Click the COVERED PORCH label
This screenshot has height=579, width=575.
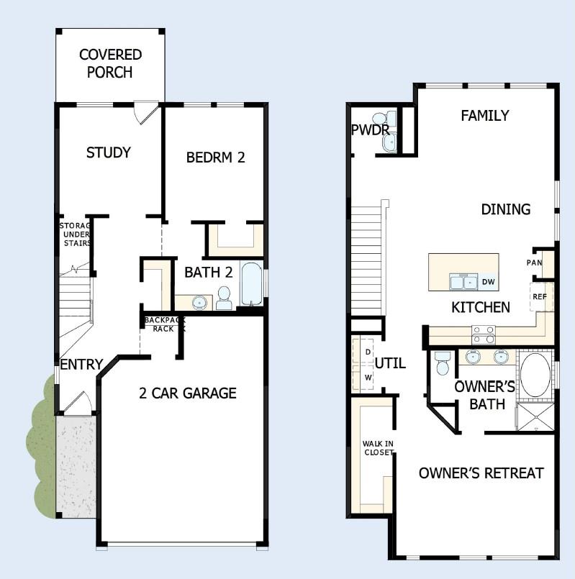coord(110,63)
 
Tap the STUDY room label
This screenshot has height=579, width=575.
coord(109,152)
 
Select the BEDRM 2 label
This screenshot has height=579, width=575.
coord(216,157)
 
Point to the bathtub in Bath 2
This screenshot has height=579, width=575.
coord(252,285)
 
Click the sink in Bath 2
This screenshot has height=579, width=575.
coord(199,301)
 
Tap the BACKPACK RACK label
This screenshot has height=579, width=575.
coord(165,324)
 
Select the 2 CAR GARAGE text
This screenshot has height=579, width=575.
coord(188,393)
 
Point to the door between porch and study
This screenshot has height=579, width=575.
coord(148,112)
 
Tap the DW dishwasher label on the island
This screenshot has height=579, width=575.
coord(488,282)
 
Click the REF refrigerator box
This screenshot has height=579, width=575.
coord(540,296)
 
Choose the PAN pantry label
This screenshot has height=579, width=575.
coord(534,263)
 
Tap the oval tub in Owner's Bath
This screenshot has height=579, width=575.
coord(535,374)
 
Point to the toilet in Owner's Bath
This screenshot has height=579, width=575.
coord(443,363)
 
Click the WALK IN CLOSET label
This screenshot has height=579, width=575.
coord(378,447)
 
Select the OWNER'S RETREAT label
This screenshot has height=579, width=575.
coord(481,473)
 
